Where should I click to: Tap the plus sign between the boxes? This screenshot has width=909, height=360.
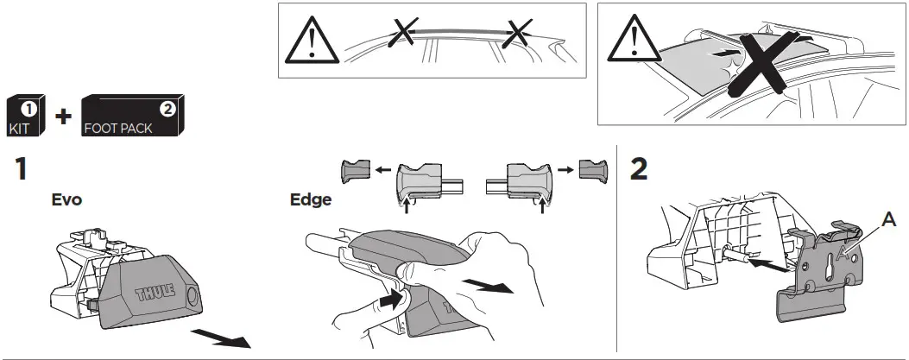coord(63,117)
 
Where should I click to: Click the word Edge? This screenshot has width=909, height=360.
coord(309,200)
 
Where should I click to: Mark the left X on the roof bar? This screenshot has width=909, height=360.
coord(399,35)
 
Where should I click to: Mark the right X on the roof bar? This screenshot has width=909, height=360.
coord(516,35)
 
